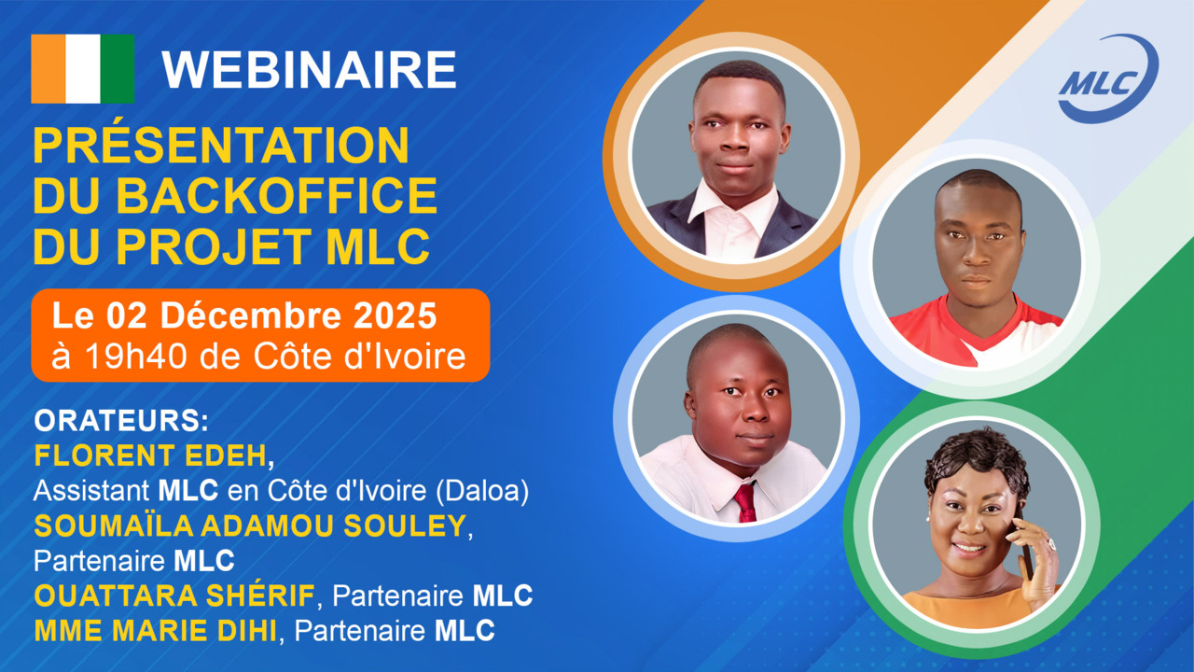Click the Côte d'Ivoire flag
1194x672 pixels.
coord(82,68)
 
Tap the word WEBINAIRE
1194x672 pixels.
coord(309,70)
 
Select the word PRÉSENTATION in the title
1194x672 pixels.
coord(221,146)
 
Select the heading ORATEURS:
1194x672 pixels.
coord(120,420)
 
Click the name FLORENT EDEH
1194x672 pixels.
coord(152,455)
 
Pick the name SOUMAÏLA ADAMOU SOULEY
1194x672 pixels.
coord(249,526)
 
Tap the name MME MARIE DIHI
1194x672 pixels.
coord(156,631)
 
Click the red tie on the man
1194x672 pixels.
coord(744,501)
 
